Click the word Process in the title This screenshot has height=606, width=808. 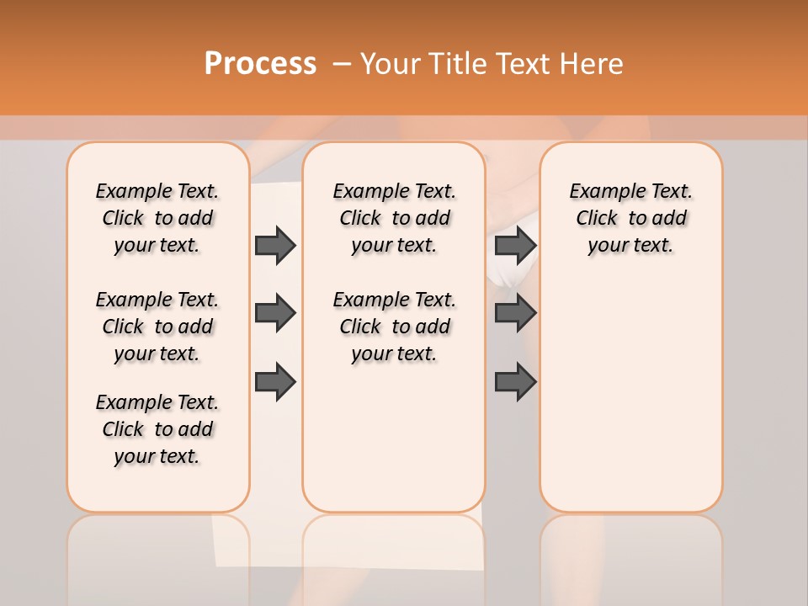(260, 64)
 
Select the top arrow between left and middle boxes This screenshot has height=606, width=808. (275, 245)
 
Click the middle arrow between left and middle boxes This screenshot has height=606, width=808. (275, 314)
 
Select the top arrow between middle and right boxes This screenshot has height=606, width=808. (515, 245)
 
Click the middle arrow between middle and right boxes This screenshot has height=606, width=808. (515, 314)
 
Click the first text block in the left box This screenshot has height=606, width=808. (157, 218)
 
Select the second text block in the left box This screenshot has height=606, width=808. (157, 327)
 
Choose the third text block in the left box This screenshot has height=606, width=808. (157, 429)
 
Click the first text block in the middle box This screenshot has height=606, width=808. (394, 218)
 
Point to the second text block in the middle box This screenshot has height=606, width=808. (394, 327)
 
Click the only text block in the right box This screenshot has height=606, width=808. (630, 218)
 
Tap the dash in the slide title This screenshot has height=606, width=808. (342, 65)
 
